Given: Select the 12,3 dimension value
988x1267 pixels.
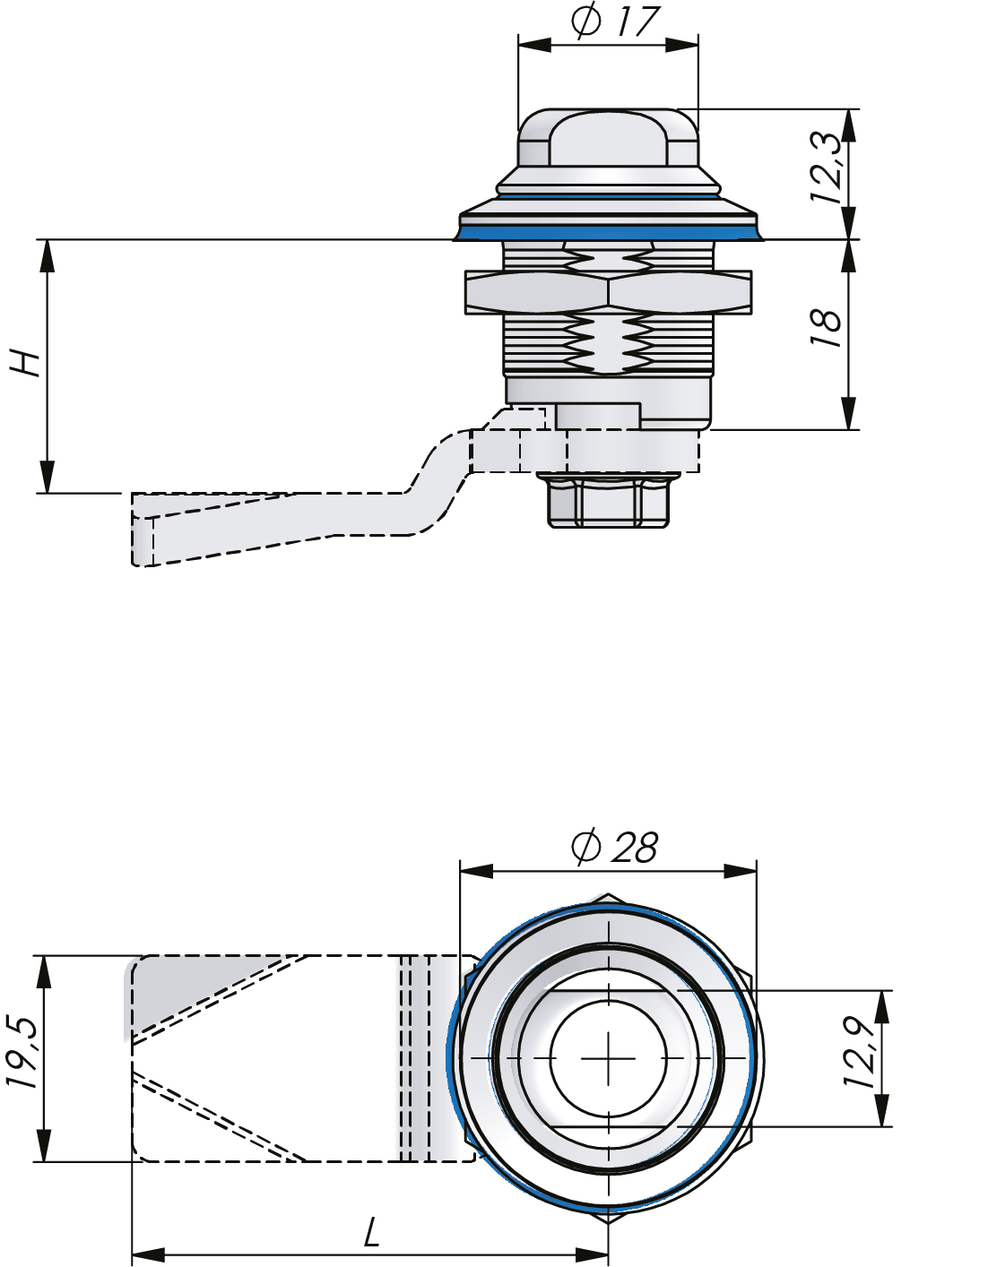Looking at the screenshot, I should point(826,168).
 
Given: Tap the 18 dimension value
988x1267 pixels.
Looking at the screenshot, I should point(826,329).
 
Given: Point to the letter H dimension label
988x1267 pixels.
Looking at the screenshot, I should point(26,363).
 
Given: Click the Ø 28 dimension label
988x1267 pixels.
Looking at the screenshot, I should point(614,847).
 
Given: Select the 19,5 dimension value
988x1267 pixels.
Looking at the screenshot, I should point(22,1053).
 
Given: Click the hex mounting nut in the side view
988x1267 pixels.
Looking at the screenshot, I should point(608,292).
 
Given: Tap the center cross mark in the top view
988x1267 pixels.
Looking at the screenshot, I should point(608,1058).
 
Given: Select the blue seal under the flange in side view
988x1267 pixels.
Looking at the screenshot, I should point(608,232).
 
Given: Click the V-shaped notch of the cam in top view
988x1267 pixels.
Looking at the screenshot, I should point(139,1057).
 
